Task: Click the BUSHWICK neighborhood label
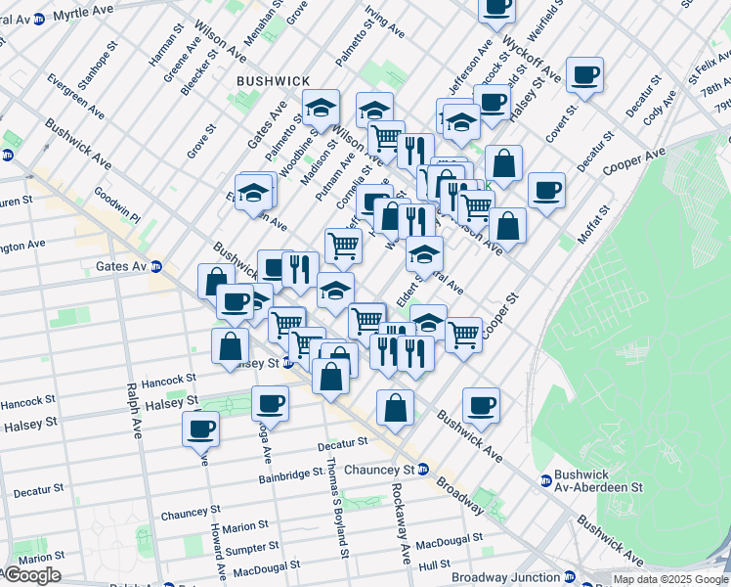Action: [273, 80]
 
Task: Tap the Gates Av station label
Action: [120, 266]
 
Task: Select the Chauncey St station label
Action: [382, 468]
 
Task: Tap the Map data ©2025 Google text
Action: [669, 579]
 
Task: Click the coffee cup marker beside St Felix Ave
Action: [584, 74]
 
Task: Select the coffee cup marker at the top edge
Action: [496, 6]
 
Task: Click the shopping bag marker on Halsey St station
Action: [229, 346]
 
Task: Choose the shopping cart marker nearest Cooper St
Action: [463, 334]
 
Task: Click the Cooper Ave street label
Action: [634, 161]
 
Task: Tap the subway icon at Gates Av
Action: [155, 266]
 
